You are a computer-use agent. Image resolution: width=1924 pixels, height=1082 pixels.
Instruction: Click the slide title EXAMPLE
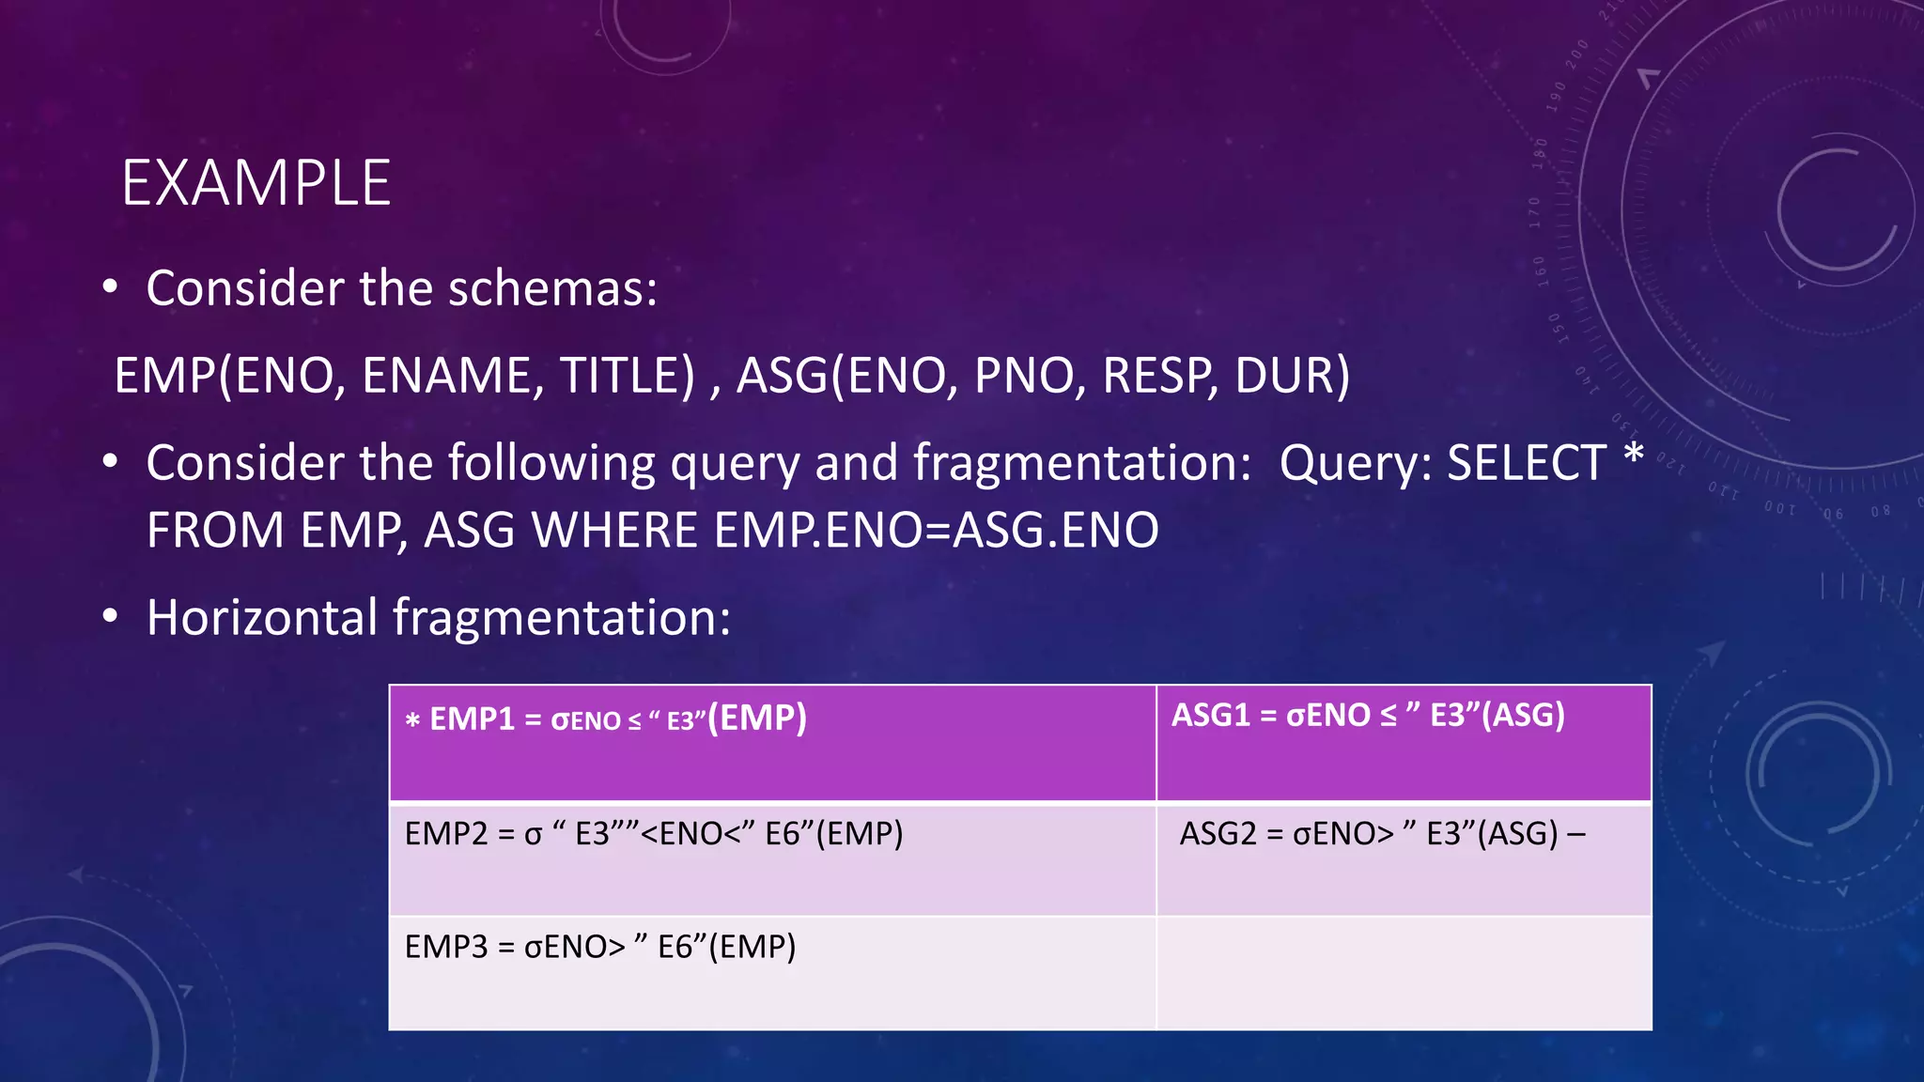(256, 182)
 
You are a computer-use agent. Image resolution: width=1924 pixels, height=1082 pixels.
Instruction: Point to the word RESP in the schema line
(1156, 375)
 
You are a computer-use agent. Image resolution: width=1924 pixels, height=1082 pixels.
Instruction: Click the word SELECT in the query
(1526, 462)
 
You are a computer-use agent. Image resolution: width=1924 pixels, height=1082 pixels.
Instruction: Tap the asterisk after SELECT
(1634, 456)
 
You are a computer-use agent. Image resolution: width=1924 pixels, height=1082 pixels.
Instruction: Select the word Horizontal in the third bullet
(262, 617)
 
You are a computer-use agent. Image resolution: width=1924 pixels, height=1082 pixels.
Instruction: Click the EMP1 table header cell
(772, 742)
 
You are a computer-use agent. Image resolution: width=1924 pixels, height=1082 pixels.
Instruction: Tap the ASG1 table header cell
(1403, 742)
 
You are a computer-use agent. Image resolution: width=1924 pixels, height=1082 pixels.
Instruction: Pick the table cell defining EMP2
(772, 858)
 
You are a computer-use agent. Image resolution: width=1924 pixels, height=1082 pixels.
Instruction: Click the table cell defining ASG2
(1403, 858)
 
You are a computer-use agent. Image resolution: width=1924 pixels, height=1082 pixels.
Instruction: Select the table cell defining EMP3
(772, 972)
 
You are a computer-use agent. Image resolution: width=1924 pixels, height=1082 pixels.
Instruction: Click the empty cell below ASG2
(1403, 972)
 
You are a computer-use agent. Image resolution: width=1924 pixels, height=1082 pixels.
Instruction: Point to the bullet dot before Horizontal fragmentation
(111, 617)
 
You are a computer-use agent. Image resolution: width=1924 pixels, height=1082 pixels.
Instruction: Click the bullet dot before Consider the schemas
(111, 287)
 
